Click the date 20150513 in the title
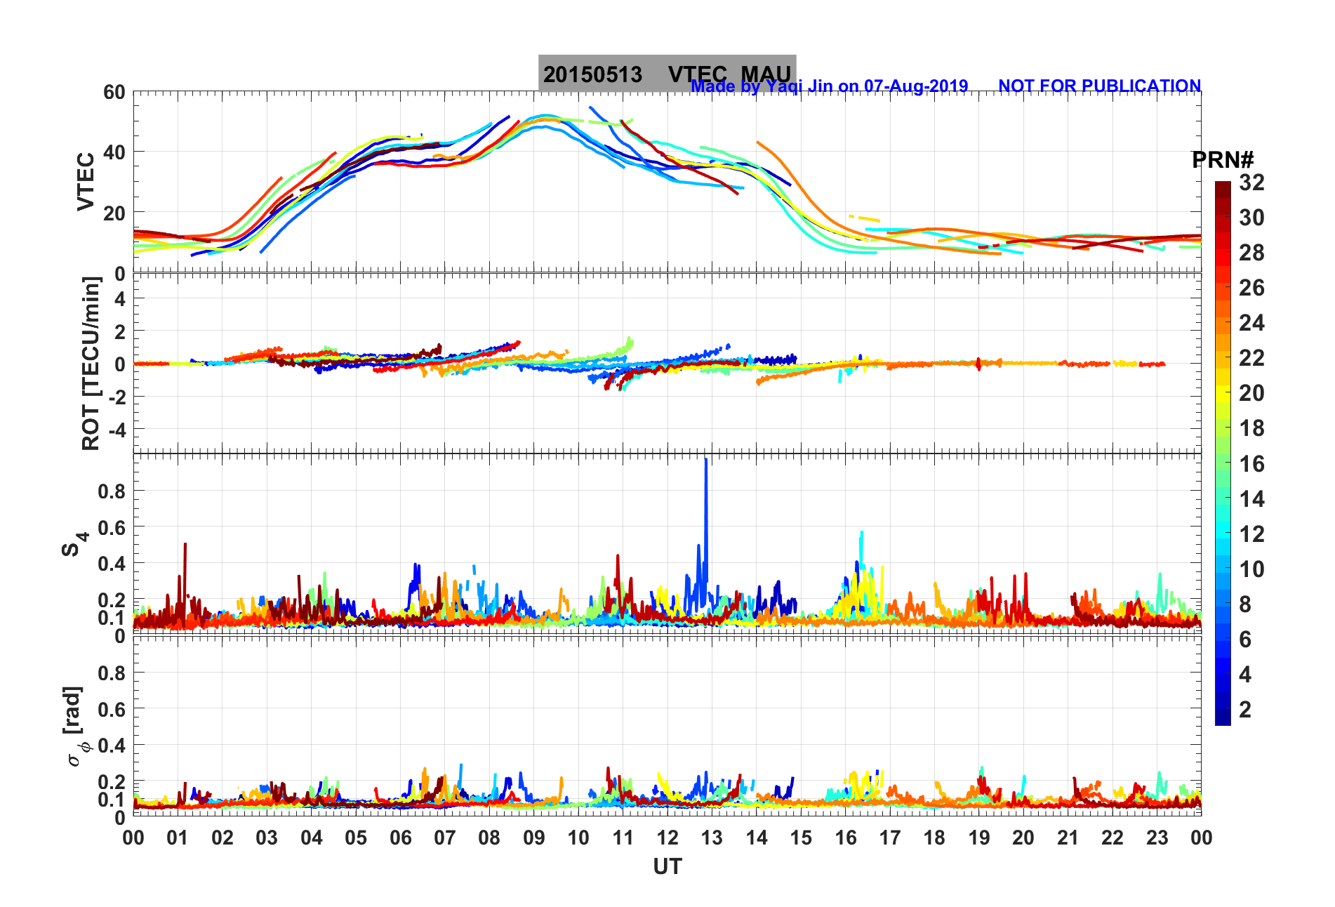tap(592, 74)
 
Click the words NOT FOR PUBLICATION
tap(1099, 86)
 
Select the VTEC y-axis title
tap(86, 181)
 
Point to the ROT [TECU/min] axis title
tap(91, 363)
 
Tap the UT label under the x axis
tap(667, 867)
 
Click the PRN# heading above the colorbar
tap(1222, 160)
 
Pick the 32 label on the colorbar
tap(1251, 183)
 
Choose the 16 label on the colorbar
tap(1251, 463)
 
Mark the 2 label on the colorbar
tap(1245, 709)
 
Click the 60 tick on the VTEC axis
tap(114, 92)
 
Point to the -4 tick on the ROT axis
tap(115, 429)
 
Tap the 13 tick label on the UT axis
tap(712, 838)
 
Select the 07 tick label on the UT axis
tap(444, 838)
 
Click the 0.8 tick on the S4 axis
tap(111, 491)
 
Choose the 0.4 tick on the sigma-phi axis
tap(111, 745)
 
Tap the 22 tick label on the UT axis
tap(1112, 838)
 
